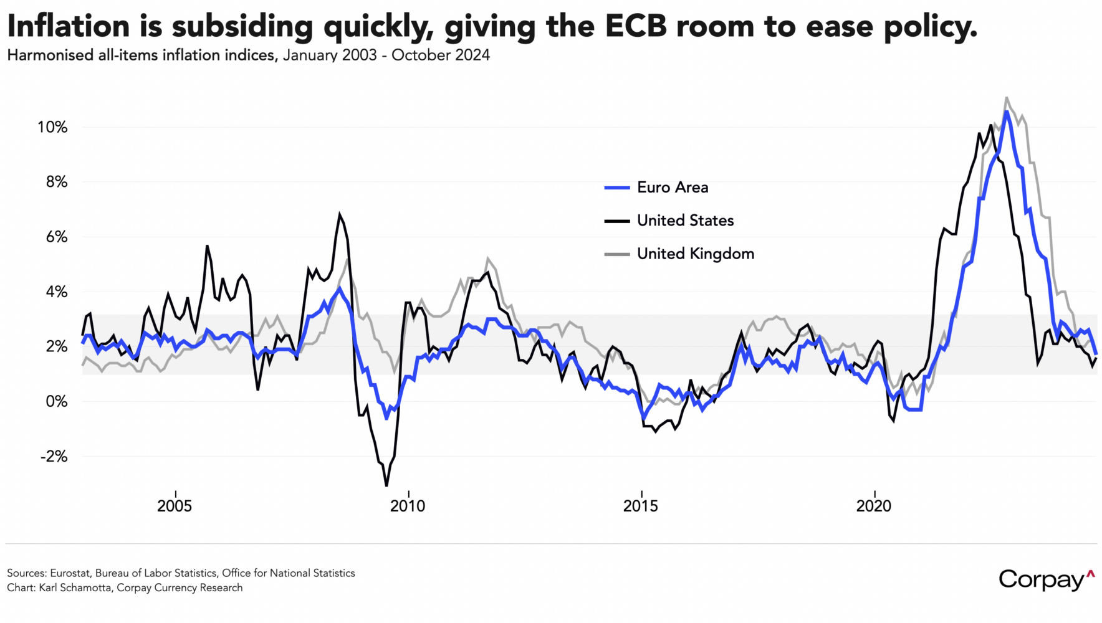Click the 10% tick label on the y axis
click(x=52, y=128)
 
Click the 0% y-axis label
click(x=56, y=402)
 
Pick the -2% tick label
click(x=54, y=457)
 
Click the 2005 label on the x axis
click(x=175, y=506)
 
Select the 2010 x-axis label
click(x=408, y=506)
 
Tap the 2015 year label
click(x=641, y=506)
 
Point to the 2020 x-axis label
click(x=874, y=506)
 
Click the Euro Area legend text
click(x=673, y=188)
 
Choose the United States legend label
click(x=685, y=221)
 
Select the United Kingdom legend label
click(x=696, y=254)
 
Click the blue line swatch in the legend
click(x=617, y=188)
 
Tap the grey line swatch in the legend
click(x=617, y=254)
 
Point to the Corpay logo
click(x=1046, y=579)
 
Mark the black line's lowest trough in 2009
click(x=386, y=485)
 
